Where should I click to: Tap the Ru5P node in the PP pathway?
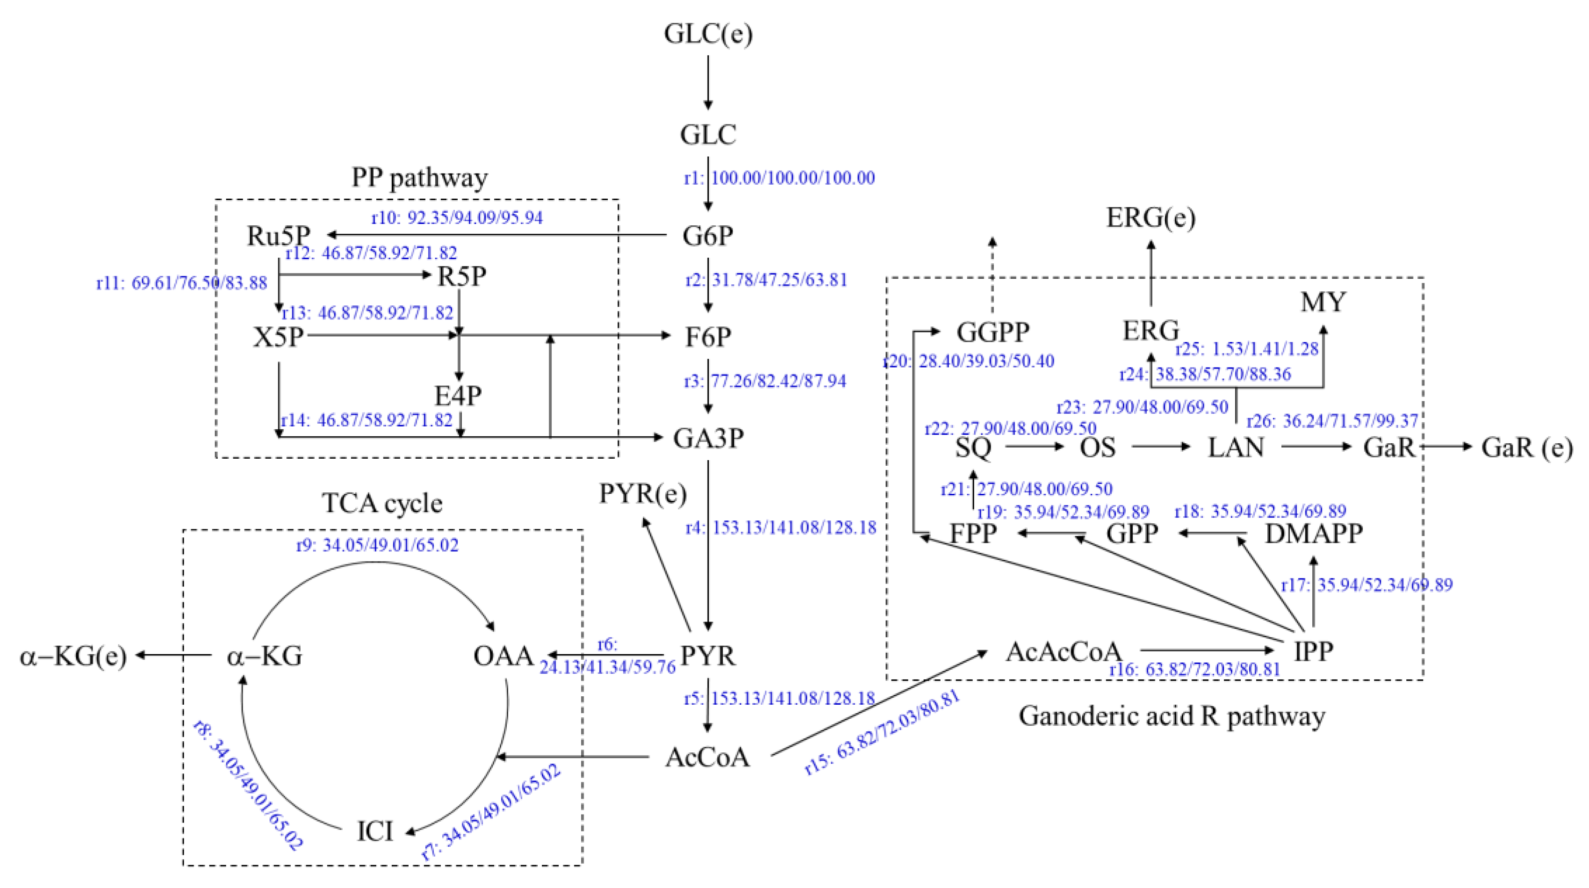[279, 235]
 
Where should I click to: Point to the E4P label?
[458, 396]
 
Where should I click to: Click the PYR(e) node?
[643, 494]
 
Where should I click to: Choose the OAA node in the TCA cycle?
[503, 655]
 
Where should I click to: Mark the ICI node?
[374, 831]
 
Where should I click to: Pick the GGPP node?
[992, 332]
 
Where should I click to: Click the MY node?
[1323, 303]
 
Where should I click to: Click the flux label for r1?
[779, 178]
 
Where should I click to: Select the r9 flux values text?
[378, 546]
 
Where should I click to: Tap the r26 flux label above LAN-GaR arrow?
[1332, 421]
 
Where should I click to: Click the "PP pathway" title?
[419, 178]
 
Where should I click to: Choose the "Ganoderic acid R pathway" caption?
[1172, 716]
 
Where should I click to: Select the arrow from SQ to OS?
[1035, 446]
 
